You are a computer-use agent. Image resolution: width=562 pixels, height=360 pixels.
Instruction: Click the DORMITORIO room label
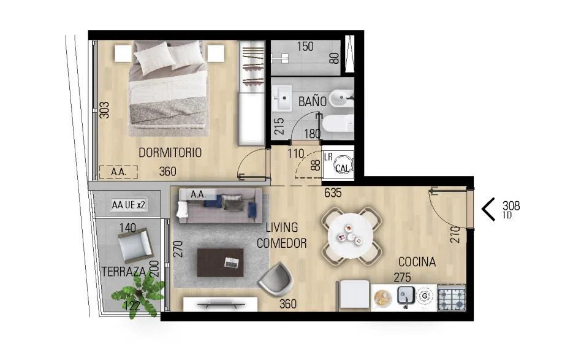[x=170, y=153]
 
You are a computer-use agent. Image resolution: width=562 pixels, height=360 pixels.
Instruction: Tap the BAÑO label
[x=313, y=101]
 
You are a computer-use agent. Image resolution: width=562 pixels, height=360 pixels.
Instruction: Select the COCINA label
[x=417, y=262]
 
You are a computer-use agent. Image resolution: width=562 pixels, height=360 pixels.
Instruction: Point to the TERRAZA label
[x=124, y=272]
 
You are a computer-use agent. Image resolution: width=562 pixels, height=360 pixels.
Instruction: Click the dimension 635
[x=333, y=193]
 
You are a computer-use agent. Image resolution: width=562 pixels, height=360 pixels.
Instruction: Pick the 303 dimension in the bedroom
[x=104, y=110]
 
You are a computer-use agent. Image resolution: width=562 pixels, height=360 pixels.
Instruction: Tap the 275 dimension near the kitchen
[x=402, y=277]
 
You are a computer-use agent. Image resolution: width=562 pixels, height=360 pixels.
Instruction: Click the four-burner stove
[x=451, y=297]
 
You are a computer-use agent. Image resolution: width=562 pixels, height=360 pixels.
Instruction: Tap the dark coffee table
[x=221, y=263]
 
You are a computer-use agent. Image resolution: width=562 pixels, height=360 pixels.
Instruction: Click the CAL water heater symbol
[x=343, y=166]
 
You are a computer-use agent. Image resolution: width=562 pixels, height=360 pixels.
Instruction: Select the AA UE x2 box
[x=128, y=205]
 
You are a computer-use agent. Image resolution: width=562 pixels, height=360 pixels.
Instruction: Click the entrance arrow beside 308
[x=488, y=209]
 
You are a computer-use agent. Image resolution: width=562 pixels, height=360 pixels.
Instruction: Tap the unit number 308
[x=511, y=205]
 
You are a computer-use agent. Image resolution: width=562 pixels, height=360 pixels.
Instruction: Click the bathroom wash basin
[x=282, y=98]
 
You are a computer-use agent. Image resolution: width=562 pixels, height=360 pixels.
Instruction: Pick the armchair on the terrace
[x=135, y=245]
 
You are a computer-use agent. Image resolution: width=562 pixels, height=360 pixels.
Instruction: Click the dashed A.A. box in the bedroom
[x=118, y=172]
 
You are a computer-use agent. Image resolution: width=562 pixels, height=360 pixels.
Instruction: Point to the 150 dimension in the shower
[x=305, y=47]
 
